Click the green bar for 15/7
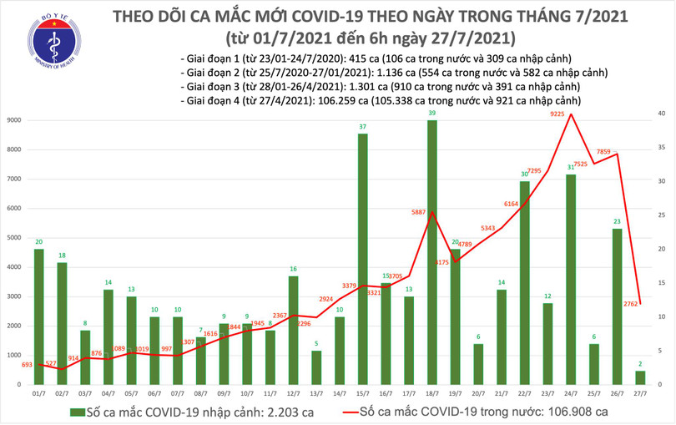362,259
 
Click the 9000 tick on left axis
13,121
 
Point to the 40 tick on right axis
659,114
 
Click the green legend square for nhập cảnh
77,412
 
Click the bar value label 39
431,113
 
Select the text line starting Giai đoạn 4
380,101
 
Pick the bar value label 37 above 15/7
362,127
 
